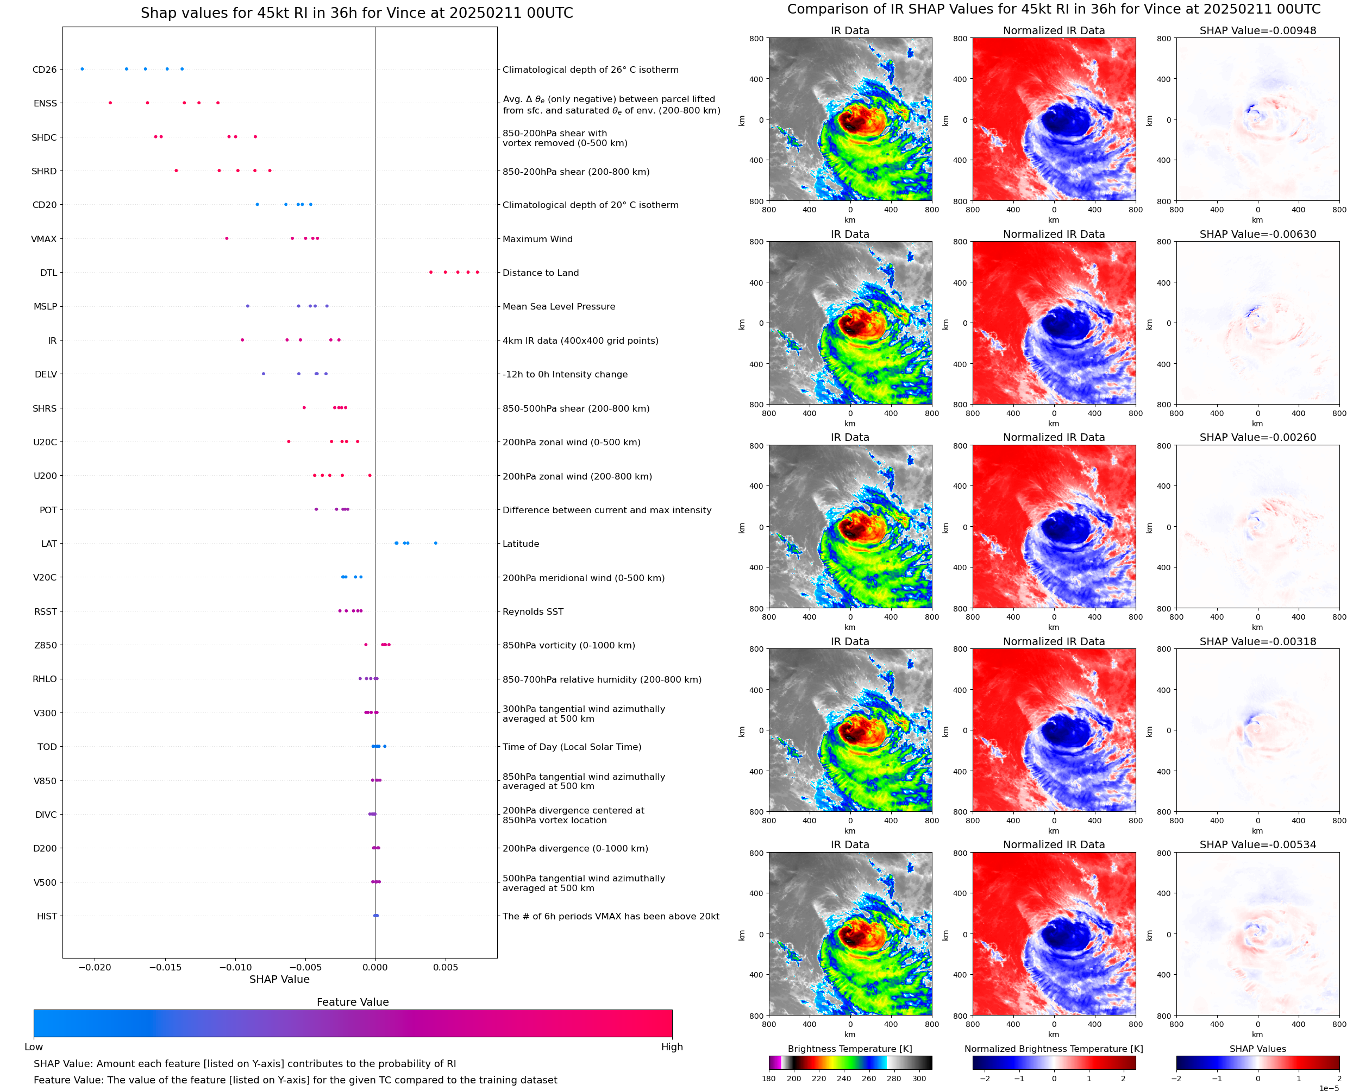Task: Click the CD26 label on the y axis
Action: point(44,70)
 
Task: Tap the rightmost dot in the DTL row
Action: point(477,272)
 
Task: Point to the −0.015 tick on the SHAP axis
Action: point(165,967)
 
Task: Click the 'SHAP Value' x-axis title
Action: point(279,979)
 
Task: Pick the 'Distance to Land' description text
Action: point(540,273)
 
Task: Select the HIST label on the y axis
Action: point(47,916)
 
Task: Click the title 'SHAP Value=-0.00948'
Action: point(1257,31)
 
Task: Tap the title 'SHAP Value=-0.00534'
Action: point(1257,844)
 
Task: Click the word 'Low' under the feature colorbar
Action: point(33,1047)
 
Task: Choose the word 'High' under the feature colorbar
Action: point(672,1047)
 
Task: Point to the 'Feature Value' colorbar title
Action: point(353,1002)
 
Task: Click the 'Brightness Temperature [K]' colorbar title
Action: point(849,1049)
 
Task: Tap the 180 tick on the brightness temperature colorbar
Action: point(769,1079)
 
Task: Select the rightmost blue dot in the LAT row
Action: point(436,543)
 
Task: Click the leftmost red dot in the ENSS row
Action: point(110,103)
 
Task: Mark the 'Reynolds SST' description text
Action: point(533,611)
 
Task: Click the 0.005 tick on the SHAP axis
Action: point(445,967)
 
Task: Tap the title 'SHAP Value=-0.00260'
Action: point(1257,437)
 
